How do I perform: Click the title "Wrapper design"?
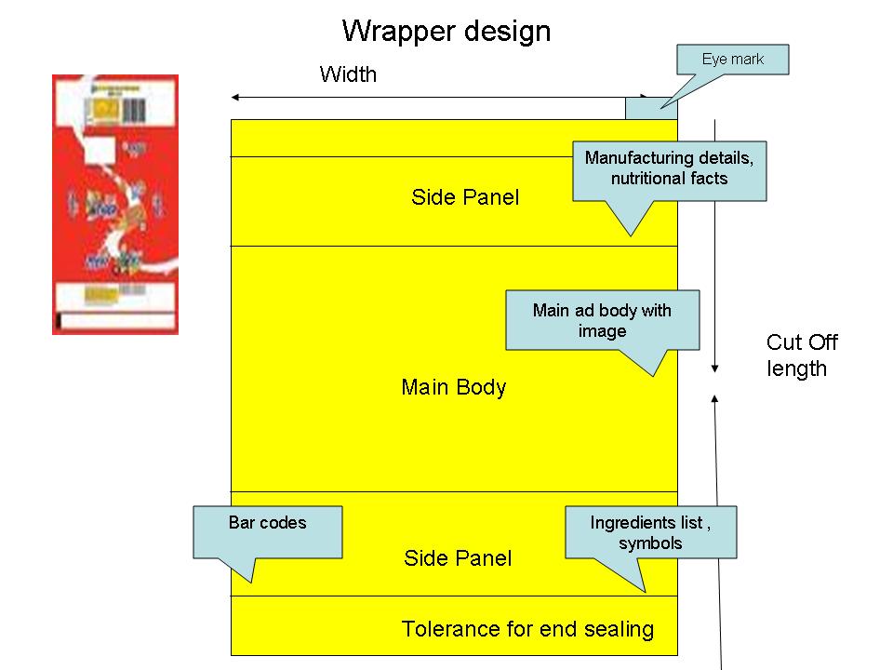tap(446, 32)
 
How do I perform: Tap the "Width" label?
tap(348, 74)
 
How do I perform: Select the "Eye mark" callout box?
tap(732, 60)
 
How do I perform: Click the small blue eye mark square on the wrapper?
tap(651, 108)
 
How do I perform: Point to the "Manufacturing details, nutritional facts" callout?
tap(669, 169)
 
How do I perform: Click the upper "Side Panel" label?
tap(465, 197)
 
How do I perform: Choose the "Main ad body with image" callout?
tap(602, 320)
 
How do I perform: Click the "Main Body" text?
tap(454, 387)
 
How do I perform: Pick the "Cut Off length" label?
tap(802, 355)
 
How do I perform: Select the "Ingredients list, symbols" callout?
tap(650, 532)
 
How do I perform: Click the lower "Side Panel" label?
tap(458, 558)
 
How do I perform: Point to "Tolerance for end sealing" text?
tap(527, 629)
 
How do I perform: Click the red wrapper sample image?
tap(115, 204)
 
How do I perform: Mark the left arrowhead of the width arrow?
tap(235, 97)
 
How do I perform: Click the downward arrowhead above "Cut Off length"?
tap(714, 368)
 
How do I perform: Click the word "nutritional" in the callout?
tap(648, 179)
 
